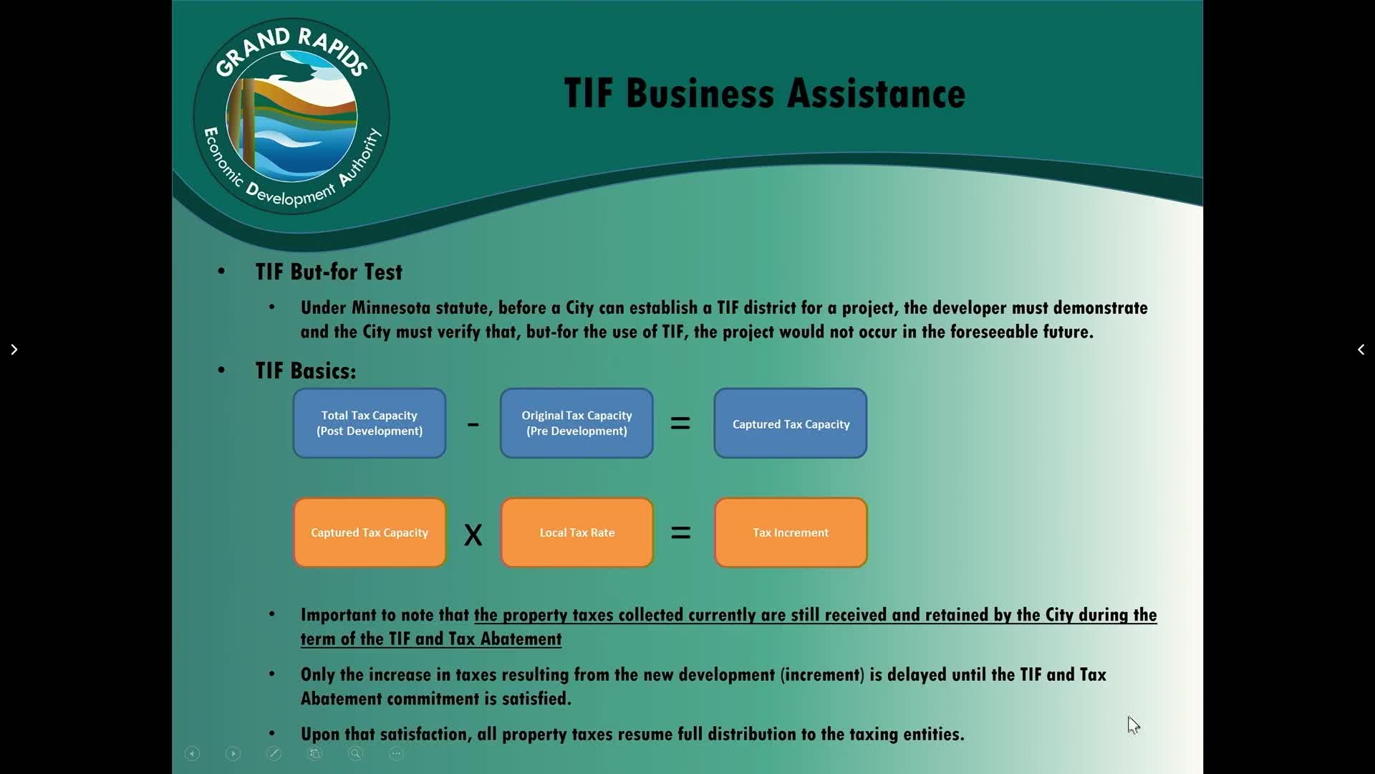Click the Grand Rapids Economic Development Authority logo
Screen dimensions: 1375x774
pos(291,116)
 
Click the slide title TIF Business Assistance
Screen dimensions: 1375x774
pos(765,94)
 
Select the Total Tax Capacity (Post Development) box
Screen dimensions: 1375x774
pos(370,423)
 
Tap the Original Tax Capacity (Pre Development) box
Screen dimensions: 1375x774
pos(576,423)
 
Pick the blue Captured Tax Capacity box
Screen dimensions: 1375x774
pos(791,423)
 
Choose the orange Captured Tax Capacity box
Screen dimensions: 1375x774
pos(370,532)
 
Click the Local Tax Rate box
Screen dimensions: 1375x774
pos(576,532)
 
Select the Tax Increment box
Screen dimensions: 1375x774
pos(791,532)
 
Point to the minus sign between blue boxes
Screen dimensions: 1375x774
pos(473,424)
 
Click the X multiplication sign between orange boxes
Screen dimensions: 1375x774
pos(473,535)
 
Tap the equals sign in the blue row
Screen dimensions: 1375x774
pos(680,424)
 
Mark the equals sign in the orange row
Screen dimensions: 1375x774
pos(680,532)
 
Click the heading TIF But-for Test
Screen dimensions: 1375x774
pos(329,272)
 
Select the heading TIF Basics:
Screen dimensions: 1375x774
pos(306,371)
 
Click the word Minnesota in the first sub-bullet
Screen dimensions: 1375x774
pos(393,308)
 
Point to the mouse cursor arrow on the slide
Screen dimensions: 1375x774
pos(1133,725)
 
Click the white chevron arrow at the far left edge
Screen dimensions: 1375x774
pos(14,350)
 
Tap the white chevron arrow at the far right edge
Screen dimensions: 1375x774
pos(1361,350)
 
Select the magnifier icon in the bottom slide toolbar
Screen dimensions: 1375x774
pos(355,753)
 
